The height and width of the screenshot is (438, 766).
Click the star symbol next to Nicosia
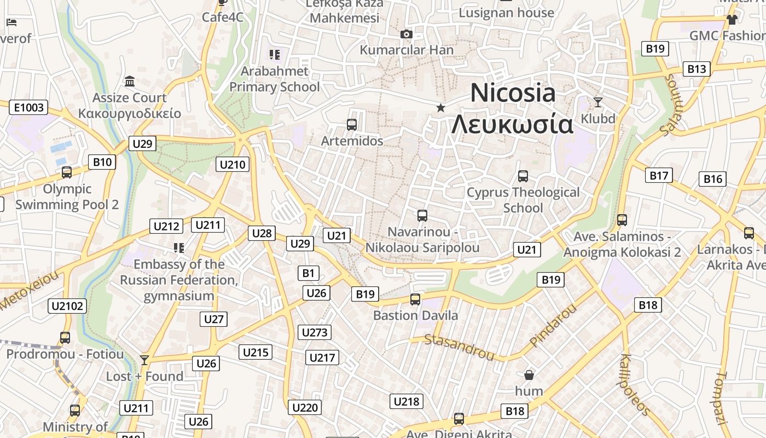440,108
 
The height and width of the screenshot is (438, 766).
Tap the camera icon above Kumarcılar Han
406,34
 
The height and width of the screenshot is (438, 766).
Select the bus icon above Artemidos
352,125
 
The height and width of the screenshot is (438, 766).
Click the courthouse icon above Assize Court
130,82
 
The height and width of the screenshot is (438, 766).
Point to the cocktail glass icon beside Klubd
598,102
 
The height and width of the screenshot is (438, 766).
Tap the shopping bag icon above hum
529,375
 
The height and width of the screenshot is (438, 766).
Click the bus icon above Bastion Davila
415,299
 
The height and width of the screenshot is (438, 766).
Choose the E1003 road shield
28,107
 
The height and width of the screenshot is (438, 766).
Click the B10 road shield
102,162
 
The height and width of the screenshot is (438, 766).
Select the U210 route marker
233,164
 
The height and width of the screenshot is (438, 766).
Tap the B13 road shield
697,69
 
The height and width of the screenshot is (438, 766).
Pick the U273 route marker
315,332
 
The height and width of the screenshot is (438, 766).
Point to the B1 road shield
308,273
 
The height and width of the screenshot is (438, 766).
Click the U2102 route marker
68,306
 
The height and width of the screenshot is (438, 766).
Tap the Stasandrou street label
459,347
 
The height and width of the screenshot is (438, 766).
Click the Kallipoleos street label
635,384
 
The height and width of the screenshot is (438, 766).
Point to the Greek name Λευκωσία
512,125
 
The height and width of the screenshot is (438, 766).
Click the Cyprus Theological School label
523,200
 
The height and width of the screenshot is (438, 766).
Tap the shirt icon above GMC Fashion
732,20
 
